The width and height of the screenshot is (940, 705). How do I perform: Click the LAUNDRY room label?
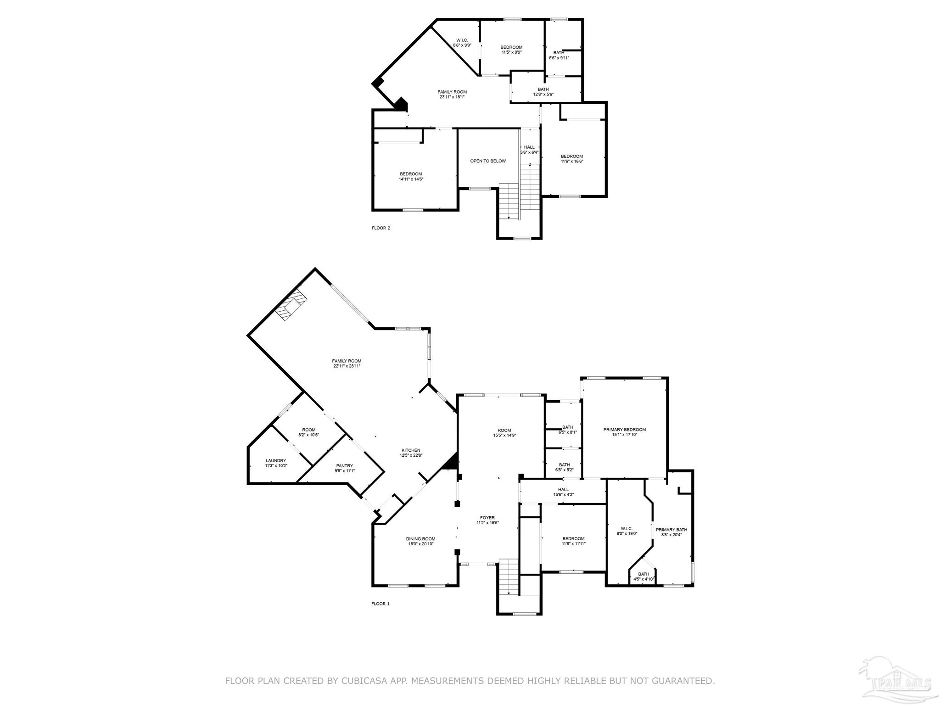point(276,461)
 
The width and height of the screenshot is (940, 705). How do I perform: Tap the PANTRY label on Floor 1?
point(344,465)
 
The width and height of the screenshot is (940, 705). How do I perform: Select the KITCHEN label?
point(411,450)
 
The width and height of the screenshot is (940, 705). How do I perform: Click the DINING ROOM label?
point(420,539)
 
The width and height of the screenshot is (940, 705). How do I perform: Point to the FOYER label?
point(487,518)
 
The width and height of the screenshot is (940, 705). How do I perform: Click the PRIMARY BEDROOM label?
point(624,430)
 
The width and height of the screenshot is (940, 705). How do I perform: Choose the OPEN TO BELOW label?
point(488,161)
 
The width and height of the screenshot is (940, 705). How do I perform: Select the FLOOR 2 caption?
point(381,228)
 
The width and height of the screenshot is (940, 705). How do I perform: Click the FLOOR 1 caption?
point(380,604)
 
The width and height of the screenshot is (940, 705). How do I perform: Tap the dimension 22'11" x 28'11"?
point(347,366)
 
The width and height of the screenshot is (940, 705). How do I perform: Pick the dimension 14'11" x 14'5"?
point(411,179)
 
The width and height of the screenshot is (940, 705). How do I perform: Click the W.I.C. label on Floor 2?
point(462,40)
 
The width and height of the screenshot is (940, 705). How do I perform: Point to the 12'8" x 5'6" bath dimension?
point(543,95)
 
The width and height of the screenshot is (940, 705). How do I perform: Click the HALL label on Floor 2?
point(529,147)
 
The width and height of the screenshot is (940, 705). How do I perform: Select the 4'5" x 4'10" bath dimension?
point(643,579)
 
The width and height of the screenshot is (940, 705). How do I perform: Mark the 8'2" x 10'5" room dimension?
point(308,435)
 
